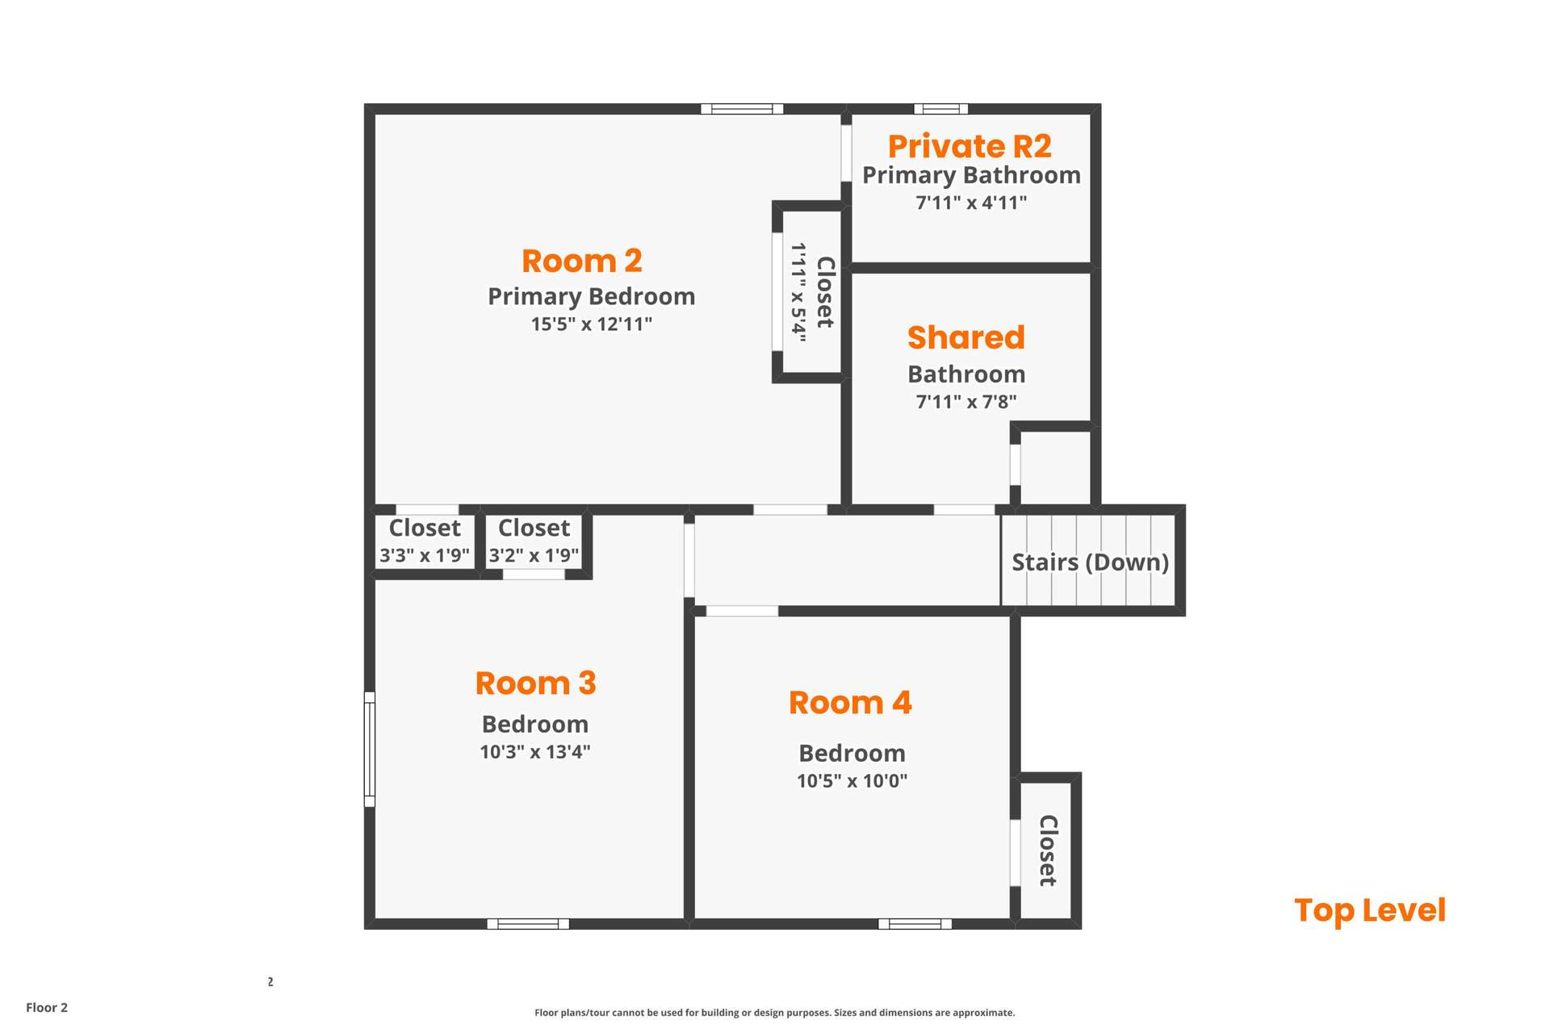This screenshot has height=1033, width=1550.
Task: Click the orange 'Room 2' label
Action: [582, 261]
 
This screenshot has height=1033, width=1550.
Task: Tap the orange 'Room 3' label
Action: [535, 683]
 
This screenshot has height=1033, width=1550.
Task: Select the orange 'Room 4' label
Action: [850, 702]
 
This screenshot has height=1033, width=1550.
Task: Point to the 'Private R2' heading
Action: [970, 146]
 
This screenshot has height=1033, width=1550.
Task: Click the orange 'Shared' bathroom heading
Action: [966, 337]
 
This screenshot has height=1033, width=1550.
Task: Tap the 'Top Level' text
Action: [1370, 910]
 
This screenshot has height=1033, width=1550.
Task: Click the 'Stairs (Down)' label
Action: [1091, 562]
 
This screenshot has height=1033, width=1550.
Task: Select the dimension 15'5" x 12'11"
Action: [592, 324]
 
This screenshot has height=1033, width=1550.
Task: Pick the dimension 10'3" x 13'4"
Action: [535, 751]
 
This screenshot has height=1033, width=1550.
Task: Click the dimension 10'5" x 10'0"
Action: [852, 780]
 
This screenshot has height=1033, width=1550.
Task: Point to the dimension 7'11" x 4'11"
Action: [971, 202]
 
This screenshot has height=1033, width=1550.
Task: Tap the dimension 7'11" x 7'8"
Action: [966, 401]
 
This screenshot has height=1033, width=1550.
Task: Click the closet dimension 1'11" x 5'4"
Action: [798, 292]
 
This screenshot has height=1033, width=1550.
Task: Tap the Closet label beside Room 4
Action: [1048, 851]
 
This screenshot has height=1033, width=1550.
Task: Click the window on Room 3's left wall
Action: [370, 750]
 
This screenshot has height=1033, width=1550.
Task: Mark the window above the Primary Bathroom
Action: [940, 109]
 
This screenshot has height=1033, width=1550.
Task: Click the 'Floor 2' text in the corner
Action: [47, 1007]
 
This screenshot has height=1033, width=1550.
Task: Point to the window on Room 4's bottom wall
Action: [915, 924]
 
